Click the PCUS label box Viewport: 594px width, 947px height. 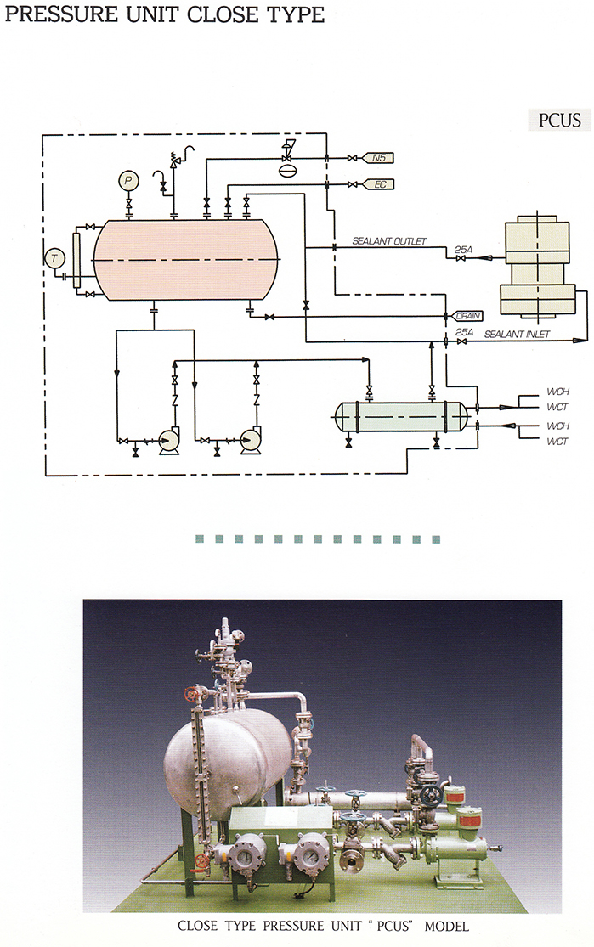559,119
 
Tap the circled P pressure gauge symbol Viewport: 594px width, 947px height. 128,180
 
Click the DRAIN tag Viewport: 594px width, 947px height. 467,316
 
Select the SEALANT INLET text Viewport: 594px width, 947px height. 517,335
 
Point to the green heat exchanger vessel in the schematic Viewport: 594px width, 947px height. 400,416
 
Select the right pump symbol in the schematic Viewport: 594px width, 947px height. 250,440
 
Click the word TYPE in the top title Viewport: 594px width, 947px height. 292,15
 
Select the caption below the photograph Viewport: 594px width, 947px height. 322,925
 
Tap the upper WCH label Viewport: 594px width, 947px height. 557,392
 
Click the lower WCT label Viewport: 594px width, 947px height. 557,442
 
